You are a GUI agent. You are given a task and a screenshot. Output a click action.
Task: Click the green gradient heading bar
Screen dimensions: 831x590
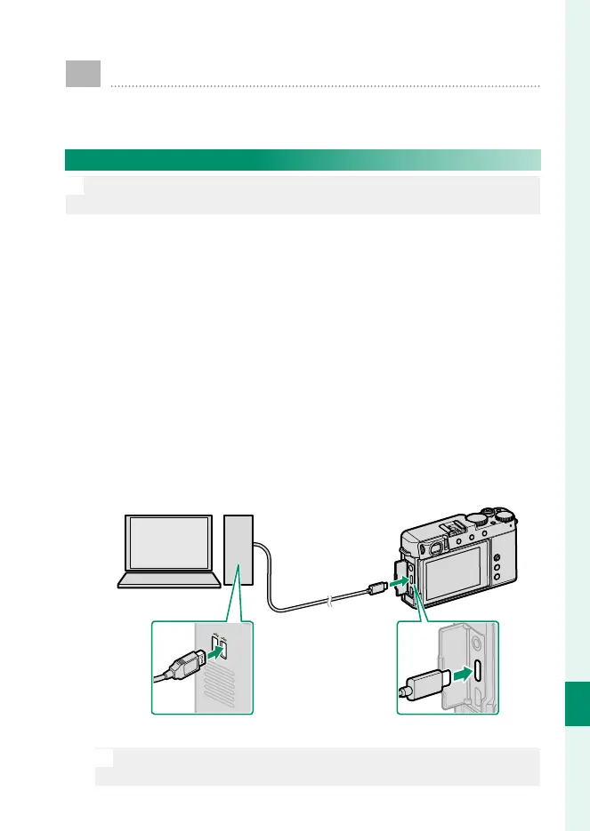pos(303,160)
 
